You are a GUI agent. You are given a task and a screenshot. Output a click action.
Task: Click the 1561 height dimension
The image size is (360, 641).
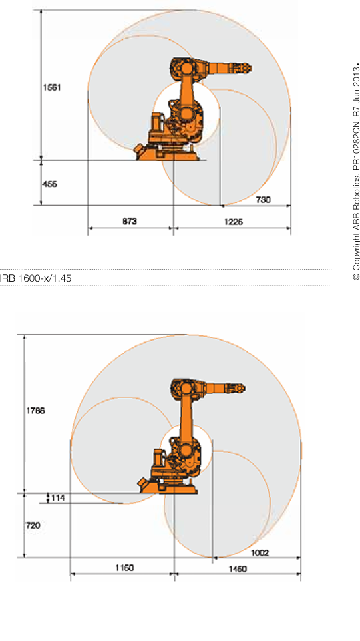point(52,87)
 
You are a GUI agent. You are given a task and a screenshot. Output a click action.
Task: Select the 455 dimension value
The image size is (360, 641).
point(50,184)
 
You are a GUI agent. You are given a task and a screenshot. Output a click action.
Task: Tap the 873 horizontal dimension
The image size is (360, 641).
point(130,221)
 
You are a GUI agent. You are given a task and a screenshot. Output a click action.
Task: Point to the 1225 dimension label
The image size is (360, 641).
point(234,221)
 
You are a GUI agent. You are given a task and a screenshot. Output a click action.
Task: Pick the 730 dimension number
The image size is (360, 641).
point(263,200)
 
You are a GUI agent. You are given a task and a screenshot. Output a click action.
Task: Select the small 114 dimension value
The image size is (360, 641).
point(58,498)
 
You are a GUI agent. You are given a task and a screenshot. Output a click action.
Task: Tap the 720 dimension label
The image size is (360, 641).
point(33,525)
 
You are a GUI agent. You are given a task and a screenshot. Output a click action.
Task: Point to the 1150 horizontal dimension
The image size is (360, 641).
point(124,568)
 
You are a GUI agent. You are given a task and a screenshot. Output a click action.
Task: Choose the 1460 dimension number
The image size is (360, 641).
point(238,568)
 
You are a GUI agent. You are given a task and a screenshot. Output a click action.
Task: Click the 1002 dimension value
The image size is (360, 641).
point(260,553)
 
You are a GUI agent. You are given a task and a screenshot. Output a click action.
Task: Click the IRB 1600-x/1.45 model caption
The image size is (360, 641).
point(35,278)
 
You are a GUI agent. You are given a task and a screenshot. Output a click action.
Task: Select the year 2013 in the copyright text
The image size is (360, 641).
point(356,76)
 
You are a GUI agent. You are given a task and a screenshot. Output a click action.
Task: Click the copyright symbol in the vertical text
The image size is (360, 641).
point(356,277)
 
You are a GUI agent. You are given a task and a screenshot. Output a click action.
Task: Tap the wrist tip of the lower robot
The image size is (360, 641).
point(244,387)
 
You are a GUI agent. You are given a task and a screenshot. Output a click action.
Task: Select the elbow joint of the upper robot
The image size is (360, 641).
point(187,67)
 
